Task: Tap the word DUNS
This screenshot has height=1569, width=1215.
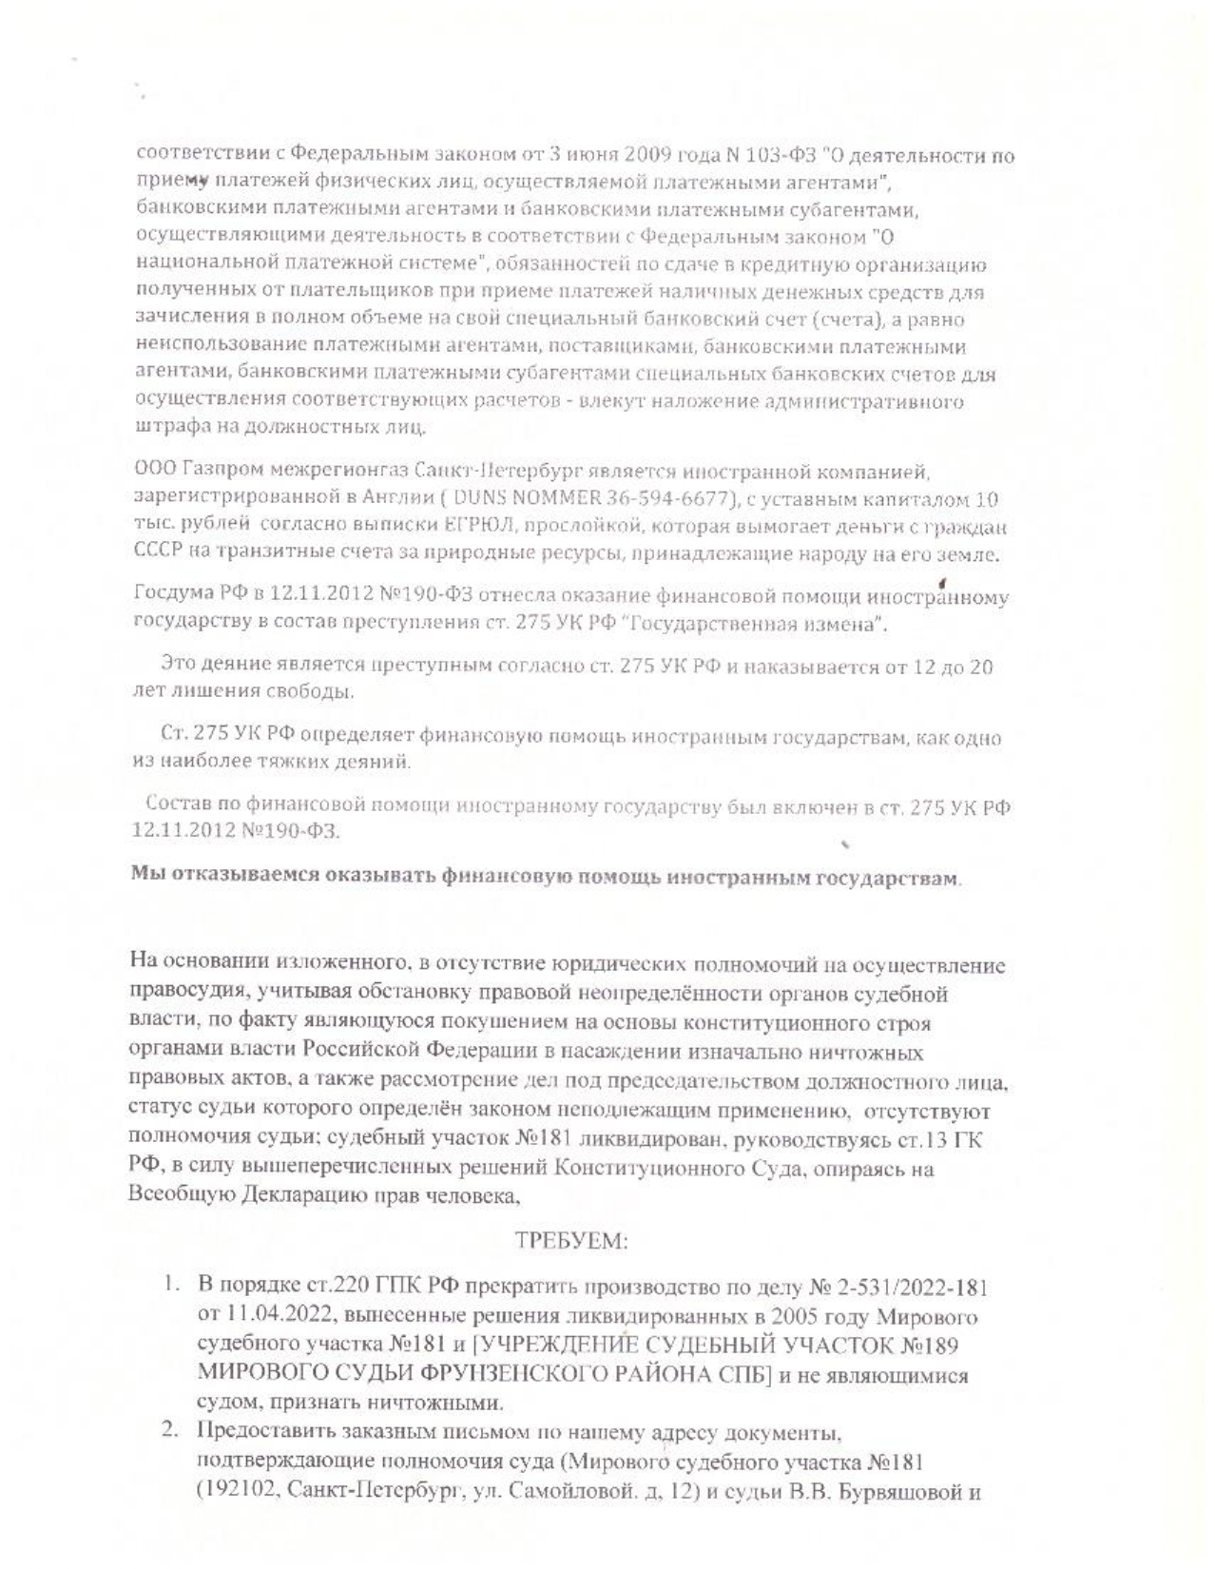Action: [x=475, y=499]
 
